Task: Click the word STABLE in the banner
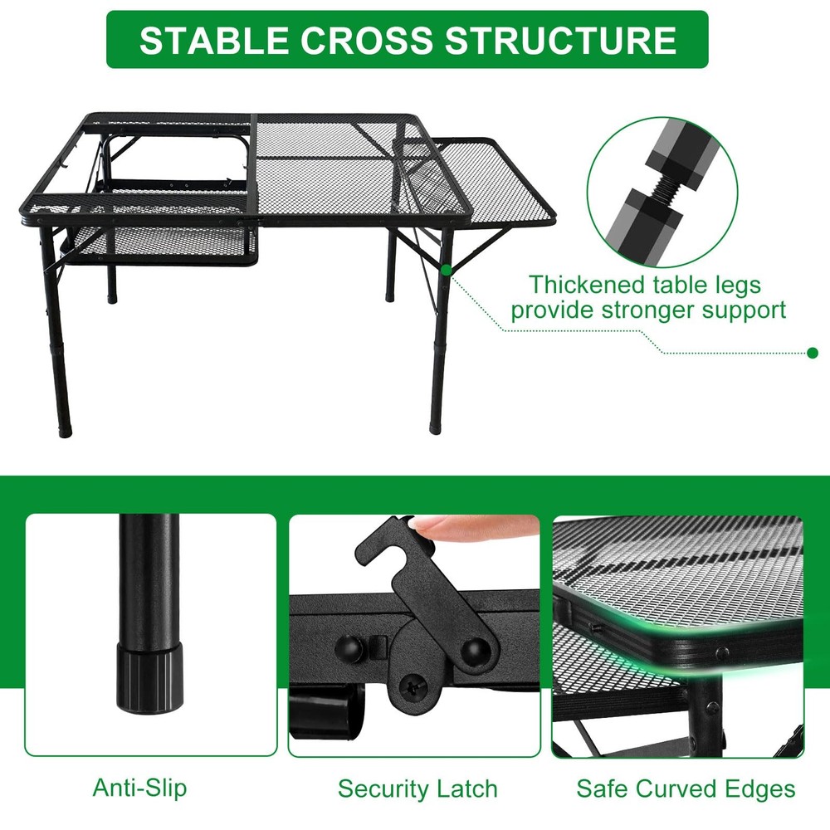click(213, 40)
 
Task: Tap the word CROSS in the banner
click(366, 40)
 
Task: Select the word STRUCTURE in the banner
click(560, 40)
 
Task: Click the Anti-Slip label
click(139, 788)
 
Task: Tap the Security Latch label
click(417, 788)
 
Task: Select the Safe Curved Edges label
click(686, 788)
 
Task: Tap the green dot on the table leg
click(447, 271)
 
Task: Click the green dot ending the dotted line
click(813, 353)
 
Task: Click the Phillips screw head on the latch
click(412, 687)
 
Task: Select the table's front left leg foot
click(65, 430)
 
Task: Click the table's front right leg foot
click(435, 427)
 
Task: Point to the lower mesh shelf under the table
click(159, 242)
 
